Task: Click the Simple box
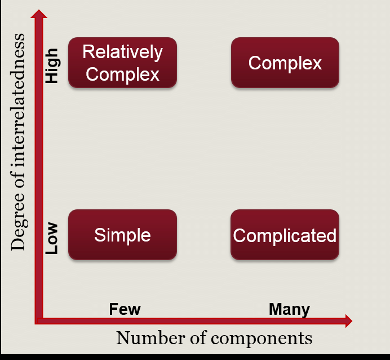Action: point(122,235)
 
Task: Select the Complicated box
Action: point(285,235)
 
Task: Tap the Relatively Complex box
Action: point(122,63)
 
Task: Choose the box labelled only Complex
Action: point(285,63)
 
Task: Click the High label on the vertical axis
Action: point(52,65)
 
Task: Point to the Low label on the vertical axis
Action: point(52,238)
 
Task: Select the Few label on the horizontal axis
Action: point(125,309)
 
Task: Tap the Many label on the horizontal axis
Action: point(289,309)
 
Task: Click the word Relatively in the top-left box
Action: point(122,52)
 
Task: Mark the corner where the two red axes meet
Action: point(39,321)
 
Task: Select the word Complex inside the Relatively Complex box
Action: point(122,74)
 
